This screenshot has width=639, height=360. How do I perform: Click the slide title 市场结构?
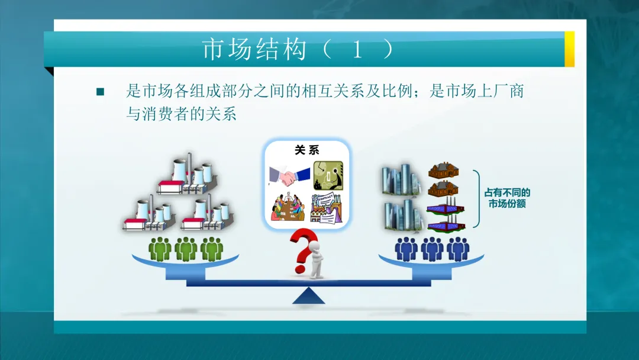(254, 50)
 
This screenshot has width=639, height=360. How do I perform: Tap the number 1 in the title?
(357, 50)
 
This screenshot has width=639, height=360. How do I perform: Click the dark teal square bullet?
(100, 92)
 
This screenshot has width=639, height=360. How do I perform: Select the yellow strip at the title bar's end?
(569, 49)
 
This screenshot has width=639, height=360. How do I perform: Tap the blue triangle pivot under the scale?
(308, 296)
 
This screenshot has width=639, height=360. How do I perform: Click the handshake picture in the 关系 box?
(289, 174)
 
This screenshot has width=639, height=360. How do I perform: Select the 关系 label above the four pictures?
(307, 150)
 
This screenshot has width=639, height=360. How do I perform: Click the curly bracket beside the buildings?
(476, 198)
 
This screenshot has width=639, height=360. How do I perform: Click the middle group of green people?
(186, 249)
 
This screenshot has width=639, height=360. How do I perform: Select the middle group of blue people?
(432, 249)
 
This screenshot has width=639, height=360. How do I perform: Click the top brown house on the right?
(444, 171)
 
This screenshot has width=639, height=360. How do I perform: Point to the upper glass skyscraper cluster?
(401, 178)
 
